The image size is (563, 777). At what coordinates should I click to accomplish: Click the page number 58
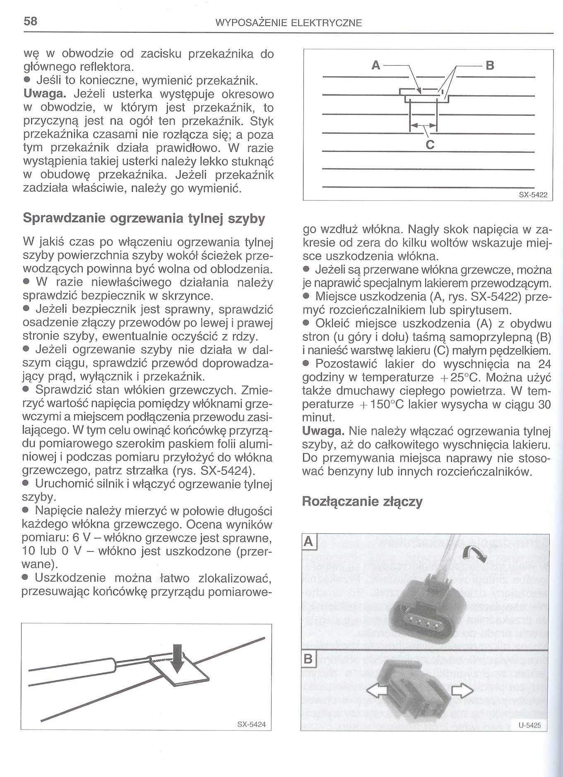click(31, 22)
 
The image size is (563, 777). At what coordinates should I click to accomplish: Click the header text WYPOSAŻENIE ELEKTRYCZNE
click(289, 23)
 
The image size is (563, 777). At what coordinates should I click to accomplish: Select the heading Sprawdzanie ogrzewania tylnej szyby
click(144, 218)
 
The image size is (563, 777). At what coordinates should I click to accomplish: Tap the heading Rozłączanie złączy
click(362, 502)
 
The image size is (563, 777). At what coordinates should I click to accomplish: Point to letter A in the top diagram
click(376, 65)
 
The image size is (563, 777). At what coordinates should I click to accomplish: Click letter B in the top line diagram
click(490, 65)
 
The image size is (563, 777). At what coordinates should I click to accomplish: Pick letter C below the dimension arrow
click(430, 144)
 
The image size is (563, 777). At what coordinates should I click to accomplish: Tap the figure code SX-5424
click(251, 725)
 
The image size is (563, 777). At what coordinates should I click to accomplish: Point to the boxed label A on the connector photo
click(309, 541)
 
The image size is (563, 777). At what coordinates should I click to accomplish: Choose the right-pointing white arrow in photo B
click(462, 690)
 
